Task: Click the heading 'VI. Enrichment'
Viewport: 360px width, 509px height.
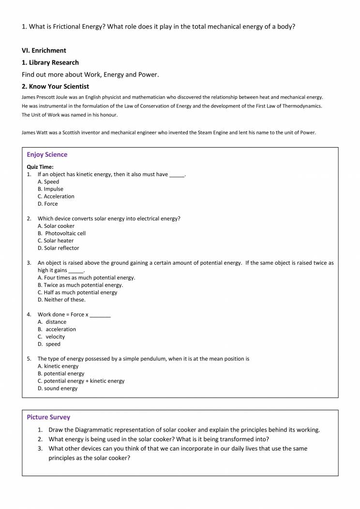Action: (44, 50)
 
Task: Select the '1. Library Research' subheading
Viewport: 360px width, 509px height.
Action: (50, 62)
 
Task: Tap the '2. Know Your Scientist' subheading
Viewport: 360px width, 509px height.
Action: (55, 87)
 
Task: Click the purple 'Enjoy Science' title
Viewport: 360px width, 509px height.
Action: (47, 155)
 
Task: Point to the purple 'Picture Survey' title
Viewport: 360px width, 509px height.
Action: (48, 417)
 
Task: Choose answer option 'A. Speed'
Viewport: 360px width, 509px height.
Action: (48, 182)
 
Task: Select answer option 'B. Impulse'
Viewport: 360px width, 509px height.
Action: (50, 189)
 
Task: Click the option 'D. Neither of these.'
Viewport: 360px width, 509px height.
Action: (61, 299)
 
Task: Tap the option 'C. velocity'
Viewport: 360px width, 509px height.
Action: (51, 337)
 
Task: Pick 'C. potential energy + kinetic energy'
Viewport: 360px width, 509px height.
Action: (81, 381)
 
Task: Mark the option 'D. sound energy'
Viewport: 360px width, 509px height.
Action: (57, 389)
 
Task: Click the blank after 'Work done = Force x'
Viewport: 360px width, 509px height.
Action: (100, 315)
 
